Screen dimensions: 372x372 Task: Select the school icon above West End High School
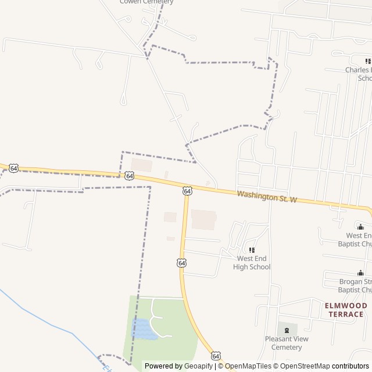click(x=252, y=249)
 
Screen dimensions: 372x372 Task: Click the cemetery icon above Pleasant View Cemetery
click(x=287, y=330)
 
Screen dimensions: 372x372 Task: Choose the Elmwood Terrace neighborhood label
click(x=346, y=310)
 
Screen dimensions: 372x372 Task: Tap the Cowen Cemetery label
click(x=146, y=2)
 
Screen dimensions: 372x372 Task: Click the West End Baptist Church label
click(x=359, y=239)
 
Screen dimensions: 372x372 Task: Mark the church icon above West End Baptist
click(x=360, y=227)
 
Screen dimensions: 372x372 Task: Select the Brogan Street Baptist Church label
click(x=355, y=285)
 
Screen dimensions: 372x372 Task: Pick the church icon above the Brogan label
click(x=360, y=273)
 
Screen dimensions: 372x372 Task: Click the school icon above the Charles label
click(x=368, y=61)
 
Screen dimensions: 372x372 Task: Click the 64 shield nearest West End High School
click(x=182, y=263)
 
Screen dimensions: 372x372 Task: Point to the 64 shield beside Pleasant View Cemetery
click(x=216, y=355)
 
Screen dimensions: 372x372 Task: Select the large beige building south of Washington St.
click(x=203, y=220)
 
